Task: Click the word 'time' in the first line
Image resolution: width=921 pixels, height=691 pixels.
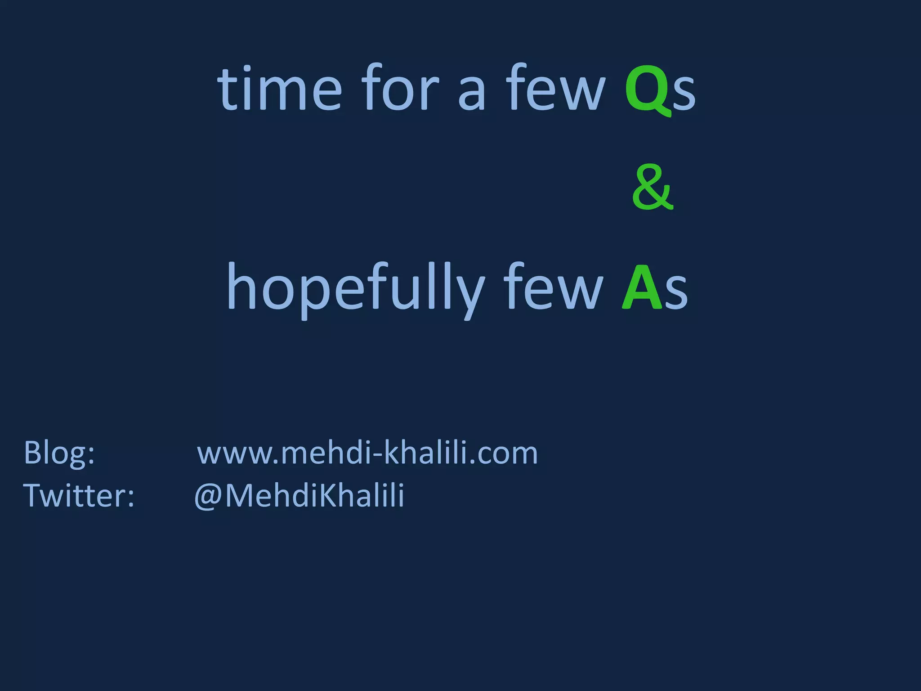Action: (279, 88)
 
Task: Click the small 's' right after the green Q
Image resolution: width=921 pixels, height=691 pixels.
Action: (684, 94)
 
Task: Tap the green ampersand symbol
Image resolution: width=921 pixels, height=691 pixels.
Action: (653, 188)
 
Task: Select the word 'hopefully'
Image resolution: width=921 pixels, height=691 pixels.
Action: (355, 288)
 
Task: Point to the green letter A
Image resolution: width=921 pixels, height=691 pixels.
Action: (642, 288)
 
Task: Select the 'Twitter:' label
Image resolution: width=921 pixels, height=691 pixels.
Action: (79, 496)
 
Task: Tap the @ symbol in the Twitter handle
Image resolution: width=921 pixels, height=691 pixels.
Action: (208, 497)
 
